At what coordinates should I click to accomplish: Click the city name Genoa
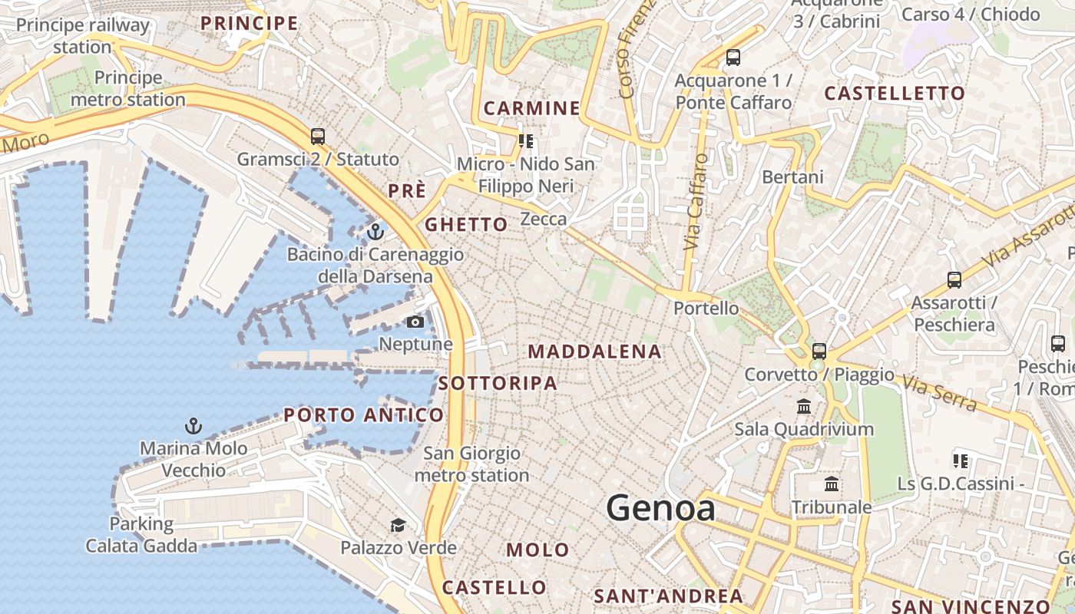tap(660, 508)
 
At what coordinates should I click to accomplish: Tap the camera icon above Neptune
tap(415, 322)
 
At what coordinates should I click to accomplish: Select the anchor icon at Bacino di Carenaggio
tap(375, 230)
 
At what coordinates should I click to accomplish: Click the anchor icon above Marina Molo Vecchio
tap(193, 425)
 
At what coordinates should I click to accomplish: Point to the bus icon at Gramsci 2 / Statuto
tap(318, 137)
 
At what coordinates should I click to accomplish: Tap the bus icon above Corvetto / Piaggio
tap(819, 352)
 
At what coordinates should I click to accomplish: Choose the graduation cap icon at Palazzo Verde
tap(398, 525)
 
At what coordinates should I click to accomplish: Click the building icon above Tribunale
tap(832, 484)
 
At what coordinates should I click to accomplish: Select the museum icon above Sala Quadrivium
tap(804, 406)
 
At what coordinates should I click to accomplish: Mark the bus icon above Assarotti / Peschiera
tap(954, 280)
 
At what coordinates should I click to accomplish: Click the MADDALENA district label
tap(595, 352)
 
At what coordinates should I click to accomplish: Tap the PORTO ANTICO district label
tap(364, 415)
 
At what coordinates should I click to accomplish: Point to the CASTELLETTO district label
tap(895, 94)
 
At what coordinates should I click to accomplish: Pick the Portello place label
tap(706, 309)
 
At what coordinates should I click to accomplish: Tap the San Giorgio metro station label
tap(471, 464)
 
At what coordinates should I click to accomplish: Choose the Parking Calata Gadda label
tap(141, 535)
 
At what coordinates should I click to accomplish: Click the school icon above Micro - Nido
tap(526, 140)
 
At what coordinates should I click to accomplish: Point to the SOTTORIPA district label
tap(498, 383)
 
